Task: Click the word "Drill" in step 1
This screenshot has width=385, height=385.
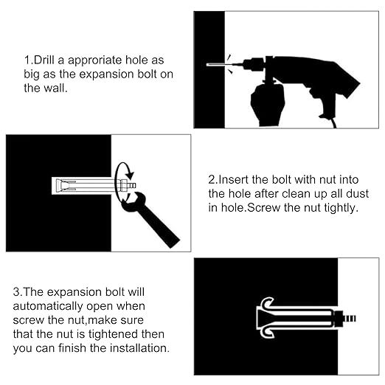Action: coord(44,60)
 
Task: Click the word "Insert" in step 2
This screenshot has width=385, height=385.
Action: coord(233,180)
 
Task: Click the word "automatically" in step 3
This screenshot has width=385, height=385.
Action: coord(48,307)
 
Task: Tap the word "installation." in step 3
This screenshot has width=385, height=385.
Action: coord(139,348)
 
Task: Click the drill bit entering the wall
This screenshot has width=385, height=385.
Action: coord(220,65)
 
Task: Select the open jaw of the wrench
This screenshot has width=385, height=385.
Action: coord(131,201)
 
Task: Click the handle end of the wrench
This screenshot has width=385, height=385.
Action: coord(172,241)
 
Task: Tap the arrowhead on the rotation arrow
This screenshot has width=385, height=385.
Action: coord(130,175)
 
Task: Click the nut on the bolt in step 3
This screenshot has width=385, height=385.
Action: coord(339,319)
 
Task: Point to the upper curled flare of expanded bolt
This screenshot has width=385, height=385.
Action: coord(267,302)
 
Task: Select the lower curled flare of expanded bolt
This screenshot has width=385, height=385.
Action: coord(267,333)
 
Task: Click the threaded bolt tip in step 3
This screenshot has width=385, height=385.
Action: coord(350,319)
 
